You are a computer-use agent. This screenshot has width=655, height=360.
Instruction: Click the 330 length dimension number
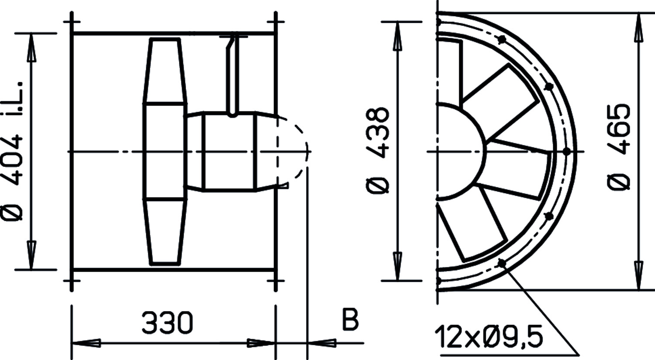point(167,323)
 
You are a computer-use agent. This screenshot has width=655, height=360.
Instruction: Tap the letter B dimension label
point(350,319)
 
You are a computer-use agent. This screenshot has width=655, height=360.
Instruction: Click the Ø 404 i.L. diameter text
point(12,151)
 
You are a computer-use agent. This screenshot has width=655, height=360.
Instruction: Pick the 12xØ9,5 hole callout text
point(489,337)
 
